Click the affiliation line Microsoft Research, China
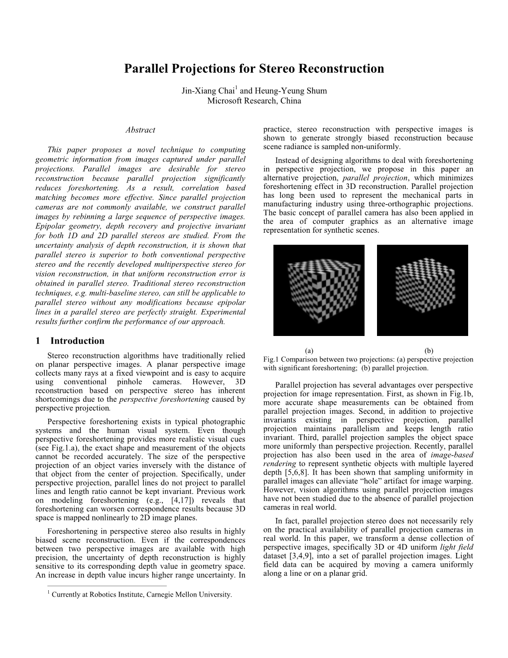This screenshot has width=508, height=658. click(254, 101)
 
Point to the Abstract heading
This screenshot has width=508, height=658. click(140, 130)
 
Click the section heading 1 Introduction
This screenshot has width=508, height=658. click(70, 341)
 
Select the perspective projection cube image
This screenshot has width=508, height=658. click(319, 290)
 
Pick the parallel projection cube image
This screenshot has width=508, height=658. click(422, 290)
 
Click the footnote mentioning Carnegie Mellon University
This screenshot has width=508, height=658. click(142, 594)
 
